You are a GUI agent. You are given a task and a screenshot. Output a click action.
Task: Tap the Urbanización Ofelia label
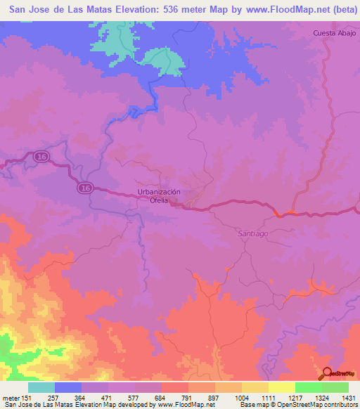pos(159,196)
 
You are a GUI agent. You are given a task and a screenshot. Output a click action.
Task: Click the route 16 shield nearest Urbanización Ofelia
pos(85,188)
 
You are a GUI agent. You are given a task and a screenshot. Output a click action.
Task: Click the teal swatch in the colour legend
pos(41,387)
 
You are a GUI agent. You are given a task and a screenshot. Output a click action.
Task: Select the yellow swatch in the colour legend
pos(281,387)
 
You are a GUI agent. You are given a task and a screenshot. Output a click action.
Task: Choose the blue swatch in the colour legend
pos(68,387)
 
